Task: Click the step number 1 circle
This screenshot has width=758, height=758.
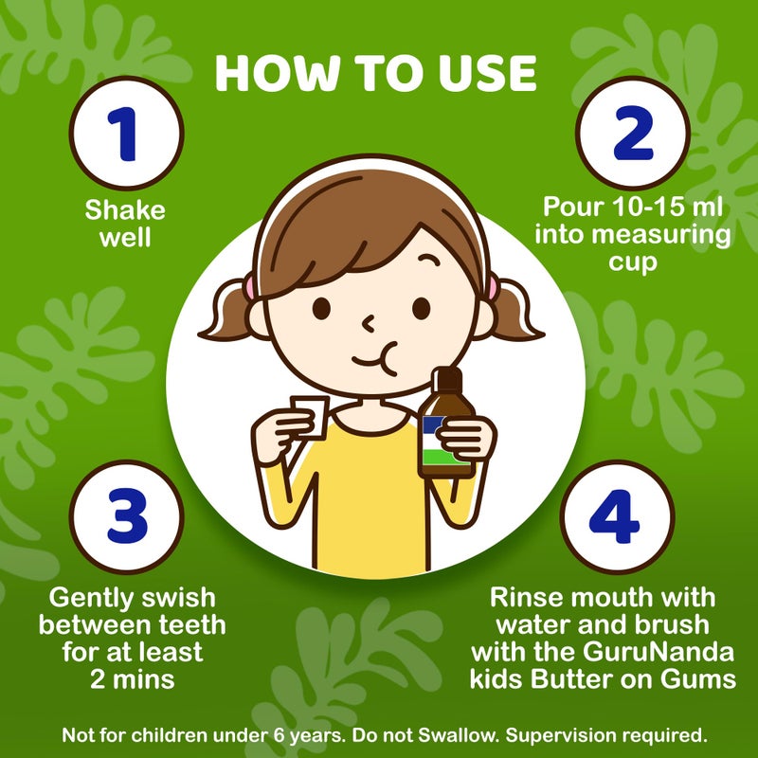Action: pyautogui.click(x=127, y=134)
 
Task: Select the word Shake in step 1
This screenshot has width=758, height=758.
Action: pyautogui.click(x=126, y=209)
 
